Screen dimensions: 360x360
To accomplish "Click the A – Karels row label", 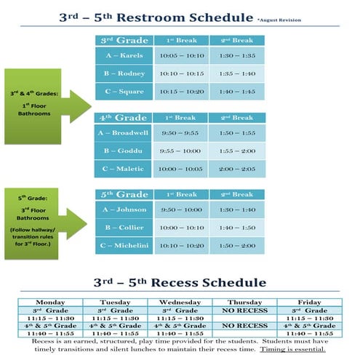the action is coord(124,56).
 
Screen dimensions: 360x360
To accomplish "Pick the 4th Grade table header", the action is coord(124,117).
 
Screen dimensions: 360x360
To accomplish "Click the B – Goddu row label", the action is coord(124,151).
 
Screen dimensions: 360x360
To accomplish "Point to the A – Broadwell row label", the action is coord(124,133).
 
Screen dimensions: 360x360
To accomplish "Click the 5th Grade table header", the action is coord(124,194).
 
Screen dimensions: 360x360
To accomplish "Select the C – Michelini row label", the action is coord(124,246).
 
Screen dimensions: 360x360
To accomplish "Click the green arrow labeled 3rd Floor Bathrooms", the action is coord(44,219).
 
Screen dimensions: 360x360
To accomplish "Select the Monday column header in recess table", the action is coord(50,302).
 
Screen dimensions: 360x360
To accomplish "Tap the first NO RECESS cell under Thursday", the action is coord(244,310).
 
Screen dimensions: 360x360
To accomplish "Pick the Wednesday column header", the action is coord(180,302).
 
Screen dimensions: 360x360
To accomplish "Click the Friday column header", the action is coord(309,302).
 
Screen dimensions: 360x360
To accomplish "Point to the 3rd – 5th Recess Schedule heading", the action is coord(180,282).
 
